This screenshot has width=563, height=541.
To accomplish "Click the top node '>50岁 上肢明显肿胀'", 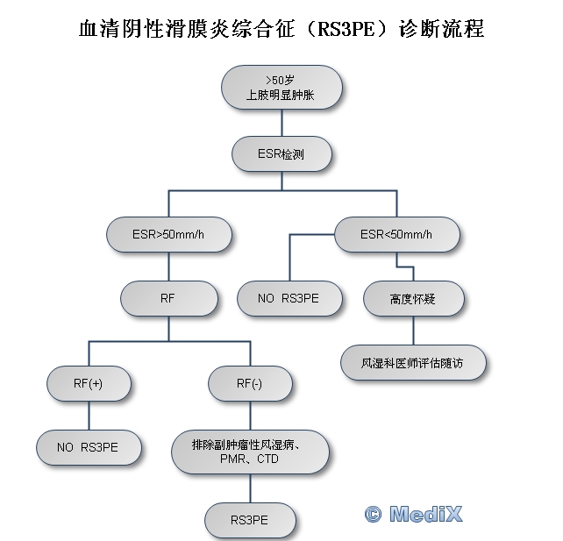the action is [281, 87].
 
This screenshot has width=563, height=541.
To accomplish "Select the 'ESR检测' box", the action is [281, 154].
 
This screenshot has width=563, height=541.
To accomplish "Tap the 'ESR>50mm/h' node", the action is [169, 234].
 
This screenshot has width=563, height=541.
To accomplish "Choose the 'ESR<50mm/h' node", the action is [397, 234].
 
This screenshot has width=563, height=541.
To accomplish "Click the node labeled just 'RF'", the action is [169, 298].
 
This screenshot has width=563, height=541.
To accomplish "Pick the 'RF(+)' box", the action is [89, 383].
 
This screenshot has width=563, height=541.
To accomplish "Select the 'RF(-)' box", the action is [250, 383].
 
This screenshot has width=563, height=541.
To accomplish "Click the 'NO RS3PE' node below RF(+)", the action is [89, 447].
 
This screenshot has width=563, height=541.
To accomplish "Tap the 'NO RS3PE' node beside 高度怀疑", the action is [289, 298].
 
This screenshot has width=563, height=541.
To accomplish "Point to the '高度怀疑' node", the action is [414, 298].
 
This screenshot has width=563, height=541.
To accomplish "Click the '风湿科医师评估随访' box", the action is [414, 363].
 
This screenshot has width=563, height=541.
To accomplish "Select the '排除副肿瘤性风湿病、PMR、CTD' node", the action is [250, 452].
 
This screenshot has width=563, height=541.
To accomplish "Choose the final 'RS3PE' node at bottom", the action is [250, 520].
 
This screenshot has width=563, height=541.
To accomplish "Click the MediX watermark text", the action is [426, 514].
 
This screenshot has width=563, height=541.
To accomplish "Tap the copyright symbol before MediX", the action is [374, 515].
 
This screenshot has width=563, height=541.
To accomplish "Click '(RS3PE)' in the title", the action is [346, 29].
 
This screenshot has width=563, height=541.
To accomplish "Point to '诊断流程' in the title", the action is [441, 29].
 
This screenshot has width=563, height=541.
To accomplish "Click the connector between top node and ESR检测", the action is [281, 123].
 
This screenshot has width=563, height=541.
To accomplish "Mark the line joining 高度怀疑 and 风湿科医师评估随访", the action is [414, 331].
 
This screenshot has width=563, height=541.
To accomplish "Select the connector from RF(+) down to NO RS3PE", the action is [89, 416].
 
